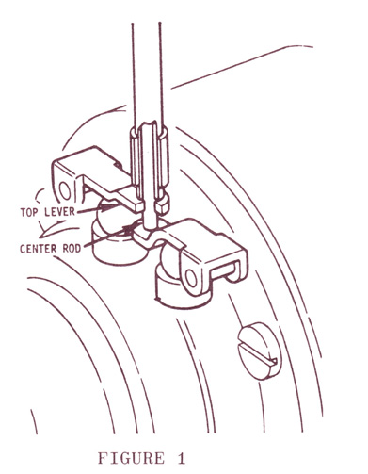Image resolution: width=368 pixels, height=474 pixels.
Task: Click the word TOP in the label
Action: (x=30, y=212)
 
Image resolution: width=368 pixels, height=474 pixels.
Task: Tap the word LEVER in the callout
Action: (x=59, y=211)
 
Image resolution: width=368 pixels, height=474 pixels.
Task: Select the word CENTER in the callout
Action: (x=39, y=249)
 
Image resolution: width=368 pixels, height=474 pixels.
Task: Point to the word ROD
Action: (x=72, y=249)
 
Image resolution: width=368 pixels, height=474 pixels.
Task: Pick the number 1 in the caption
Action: (x=181, y=458)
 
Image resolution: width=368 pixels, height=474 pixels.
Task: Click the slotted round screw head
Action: (x=260, y=351)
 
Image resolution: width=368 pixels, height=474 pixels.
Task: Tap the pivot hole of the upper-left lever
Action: (x=66, y=190)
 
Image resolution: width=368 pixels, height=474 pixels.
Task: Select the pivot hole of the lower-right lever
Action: (x=189, y=277)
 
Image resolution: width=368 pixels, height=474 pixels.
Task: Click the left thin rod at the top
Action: (x=134, y=75)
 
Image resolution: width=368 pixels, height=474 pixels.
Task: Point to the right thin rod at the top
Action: (x=161, y=75)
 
